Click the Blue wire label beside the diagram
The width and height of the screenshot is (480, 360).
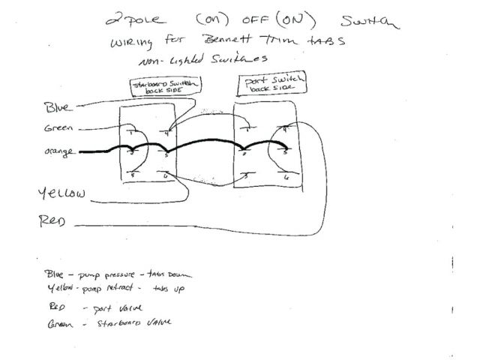(x=58, y=107)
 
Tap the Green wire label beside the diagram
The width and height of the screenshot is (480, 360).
(x=58, y=128)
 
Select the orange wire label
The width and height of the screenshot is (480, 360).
(x=60, y=152)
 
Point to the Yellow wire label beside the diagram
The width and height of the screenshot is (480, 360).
(x=61, y=194)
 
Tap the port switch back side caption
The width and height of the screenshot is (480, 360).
(x=266, y=84)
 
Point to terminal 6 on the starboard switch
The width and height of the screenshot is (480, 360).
(x=166, y=175)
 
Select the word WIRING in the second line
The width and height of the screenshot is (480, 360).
(x=132, y=41)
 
